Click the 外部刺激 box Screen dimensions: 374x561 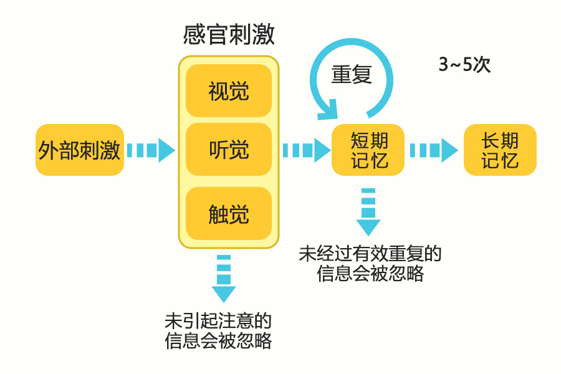coord(79,150)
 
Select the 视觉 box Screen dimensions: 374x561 coord(229,91)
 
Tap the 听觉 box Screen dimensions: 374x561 coord(229,150)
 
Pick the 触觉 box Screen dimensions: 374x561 coord(229,214)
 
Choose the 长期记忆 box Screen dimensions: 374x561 coord(500,150)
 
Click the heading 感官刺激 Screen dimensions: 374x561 coord(229,36)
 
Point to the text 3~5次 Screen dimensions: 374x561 coord(464,65)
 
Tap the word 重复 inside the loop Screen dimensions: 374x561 coord(352,74)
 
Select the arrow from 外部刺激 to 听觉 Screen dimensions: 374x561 coord(151,150)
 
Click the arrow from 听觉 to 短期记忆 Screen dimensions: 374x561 coord(305,150)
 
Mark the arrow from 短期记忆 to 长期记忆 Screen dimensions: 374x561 coord(434,150)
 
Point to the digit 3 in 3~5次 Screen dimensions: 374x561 coord(443,65)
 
